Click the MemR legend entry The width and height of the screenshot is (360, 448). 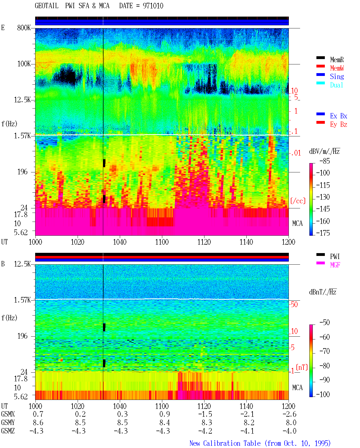tap(337, 60)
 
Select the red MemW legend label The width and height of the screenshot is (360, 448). tap(337, 68)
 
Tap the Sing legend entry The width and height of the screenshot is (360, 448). tap(337, 76)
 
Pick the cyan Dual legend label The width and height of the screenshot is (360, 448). tap(336, 85)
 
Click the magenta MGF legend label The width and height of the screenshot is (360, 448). tap(335, 265)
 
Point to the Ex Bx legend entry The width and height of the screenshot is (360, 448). tap(338, 116)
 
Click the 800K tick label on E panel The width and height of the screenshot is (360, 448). tap(24, 28)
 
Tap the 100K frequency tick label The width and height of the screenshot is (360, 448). tap(24, 64)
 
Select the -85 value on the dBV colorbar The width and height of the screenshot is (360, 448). tap(325, 161)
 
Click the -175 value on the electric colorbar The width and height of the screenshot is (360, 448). tap(323, 233)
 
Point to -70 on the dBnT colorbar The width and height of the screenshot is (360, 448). tap(325, 351)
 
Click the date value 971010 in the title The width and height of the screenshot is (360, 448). tap(153, 6)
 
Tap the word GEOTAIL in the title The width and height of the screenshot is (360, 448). tap(46, 6)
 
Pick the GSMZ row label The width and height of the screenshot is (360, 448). tap(8, 431)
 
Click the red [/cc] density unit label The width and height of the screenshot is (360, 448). tap(298, 201)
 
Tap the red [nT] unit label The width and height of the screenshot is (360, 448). tap(302, 368)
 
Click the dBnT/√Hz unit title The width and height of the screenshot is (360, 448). tap(323, 292)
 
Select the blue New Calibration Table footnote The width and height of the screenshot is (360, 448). tap(260, 443)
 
